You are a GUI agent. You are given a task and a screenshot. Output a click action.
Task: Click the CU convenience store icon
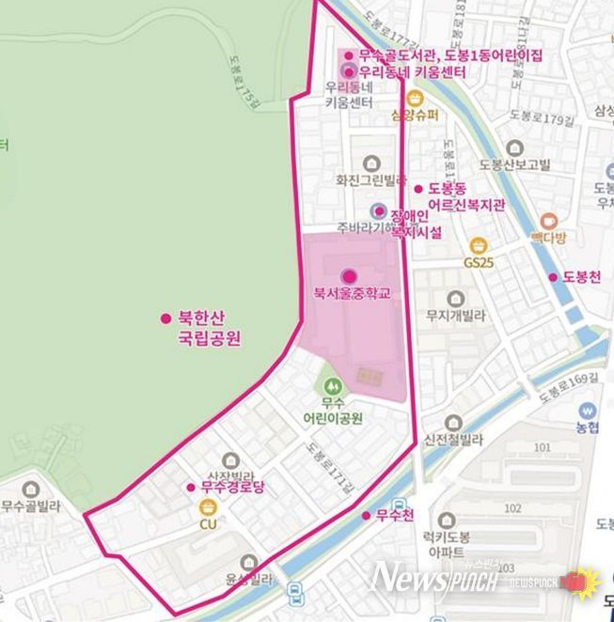point(207,507)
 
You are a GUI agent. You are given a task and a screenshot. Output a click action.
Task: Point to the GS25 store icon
point(478,246)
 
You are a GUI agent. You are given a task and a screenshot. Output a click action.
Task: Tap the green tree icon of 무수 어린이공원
point(330,385)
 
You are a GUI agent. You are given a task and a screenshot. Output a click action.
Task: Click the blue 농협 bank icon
point(590,411)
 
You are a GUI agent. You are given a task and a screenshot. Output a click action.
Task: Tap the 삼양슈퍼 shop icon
point(414,98)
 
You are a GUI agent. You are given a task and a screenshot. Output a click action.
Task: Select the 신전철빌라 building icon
point(454,425)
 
